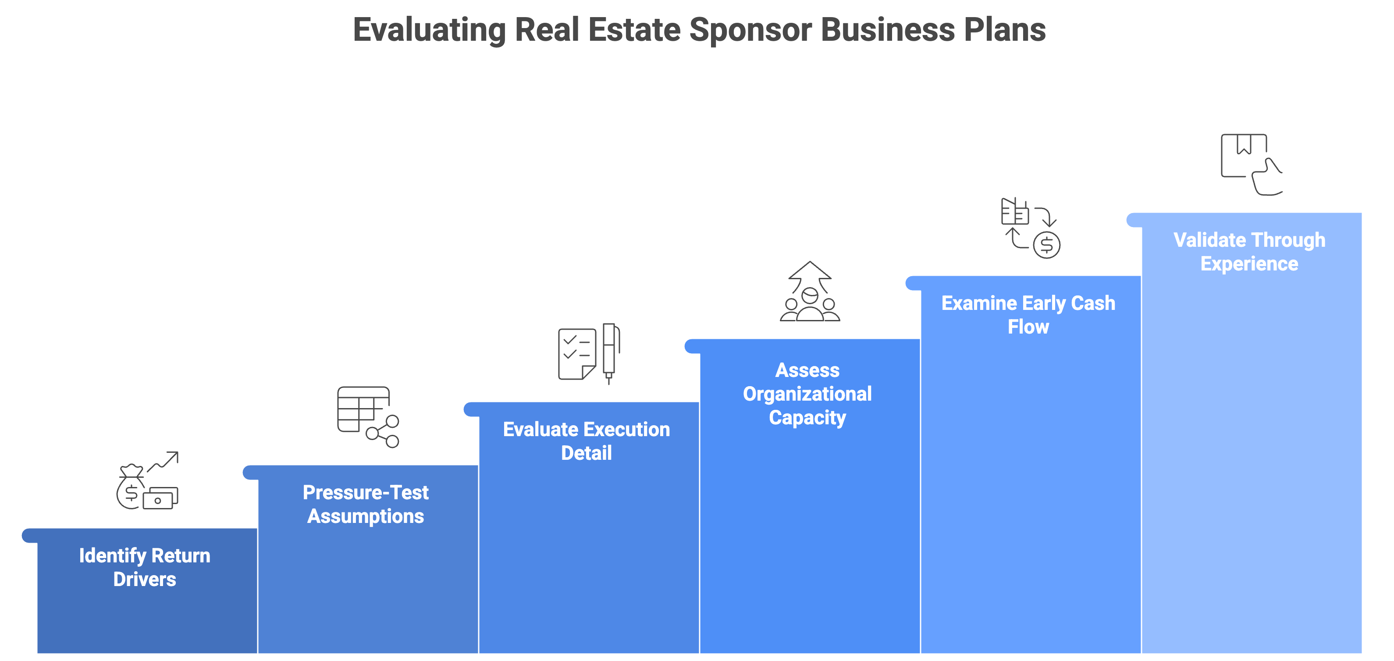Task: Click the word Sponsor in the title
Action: [x=750, y=30]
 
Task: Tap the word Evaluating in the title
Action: [x=429, y=30]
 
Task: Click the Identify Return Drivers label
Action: [x=145, y=568]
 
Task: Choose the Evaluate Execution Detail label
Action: [x=586, y=441]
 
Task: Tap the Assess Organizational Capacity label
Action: [x=807, y=394]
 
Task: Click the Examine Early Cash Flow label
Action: [x=1028, y=315]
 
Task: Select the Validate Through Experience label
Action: [x=1249, y=252]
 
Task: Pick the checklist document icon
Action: [x=577, y=354]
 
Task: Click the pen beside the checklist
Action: [x=610, y=353]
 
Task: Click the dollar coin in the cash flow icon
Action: [x=1046, y=245]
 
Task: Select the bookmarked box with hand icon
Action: [x=1251, y=164]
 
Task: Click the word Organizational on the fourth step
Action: [x=807, y=394]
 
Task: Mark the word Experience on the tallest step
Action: [x=1249, y=264]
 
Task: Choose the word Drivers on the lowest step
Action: [x=145, y=579]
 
